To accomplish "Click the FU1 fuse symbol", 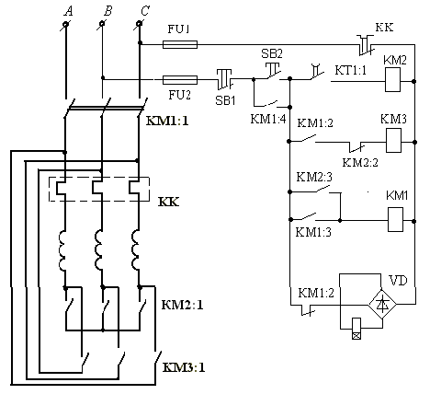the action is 180,45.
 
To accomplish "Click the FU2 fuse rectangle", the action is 180,80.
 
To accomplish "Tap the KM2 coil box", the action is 392,80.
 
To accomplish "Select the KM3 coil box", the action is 393,141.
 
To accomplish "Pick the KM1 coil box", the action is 395,219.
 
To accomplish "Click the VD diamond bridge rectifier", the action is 382,304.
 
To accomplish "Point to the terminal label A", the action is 69,11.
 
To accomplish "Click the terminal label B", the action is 107,11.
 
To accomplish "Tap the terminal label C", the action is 145,11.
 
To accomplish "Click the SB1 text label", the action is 225,100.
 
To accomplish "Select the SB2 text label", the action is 272,53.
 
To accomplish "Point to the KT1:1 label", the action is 350,70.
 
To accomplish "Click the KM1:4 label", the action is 268,119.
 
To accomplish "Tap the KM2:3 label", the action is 314,177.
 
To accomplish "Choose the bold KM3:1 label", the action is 184,367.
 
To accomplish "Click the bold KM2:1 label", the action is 182,305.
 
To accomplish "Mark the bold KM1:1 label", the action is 167,121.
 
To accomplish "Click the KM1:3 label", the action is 313,232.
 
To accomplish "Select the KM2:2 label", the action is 360,162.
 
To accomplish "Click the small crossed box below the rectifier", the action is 356,335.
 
